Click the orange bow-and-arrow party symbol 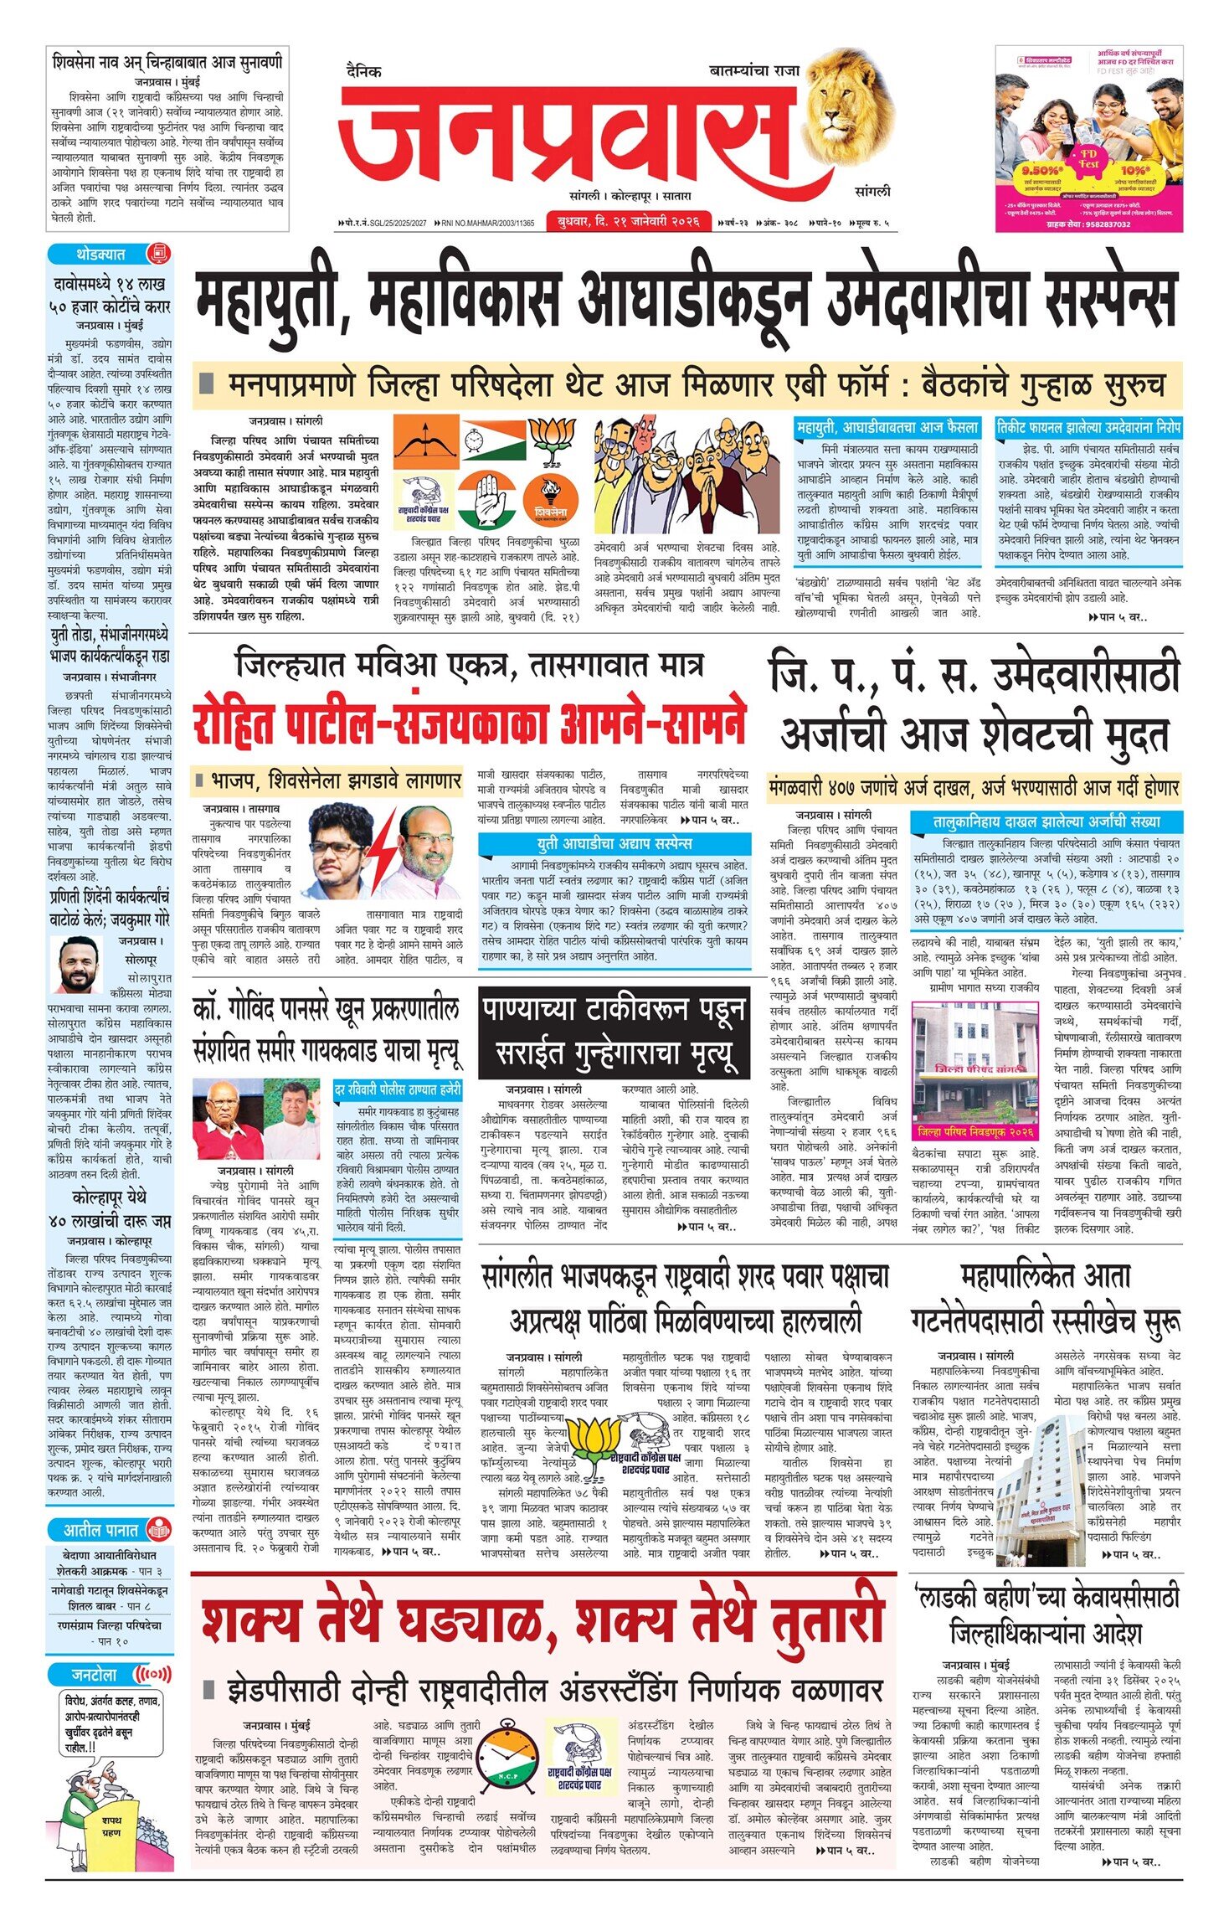tap(427, 442)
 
